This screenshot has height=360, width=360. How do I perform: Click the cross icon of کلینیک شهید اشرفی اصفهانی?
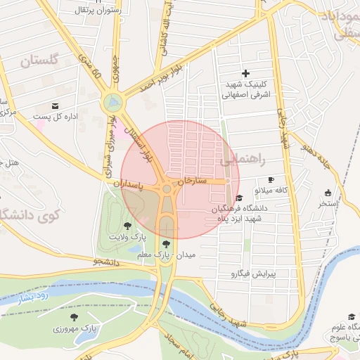[x=245, y=73]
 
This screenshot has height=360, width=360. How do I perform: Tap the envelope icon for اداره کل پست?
[x=55, y=105]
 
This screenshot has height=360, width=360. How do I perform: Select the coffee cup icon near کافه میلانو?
[x=271, y=180]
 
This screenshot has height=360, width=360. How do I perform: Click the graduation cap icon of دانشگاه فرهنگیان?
[x=240, y=198]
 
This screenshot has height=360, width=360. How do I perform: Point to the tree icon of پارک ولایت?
[x=127, y=226]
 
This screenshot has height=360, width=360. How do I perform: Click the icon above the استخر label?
[x=328, y=193]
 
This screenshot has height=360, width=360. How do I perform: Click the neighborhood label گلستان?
[x=38, y=61]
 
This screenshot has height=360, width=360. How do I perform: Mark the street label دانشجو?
[x=105, y=262]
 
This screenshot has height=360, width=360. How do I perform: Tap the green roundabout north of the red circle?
[x=112, y=103]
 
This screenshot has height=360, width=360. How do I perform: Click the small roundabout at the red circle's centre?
[x=167, y=188]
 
